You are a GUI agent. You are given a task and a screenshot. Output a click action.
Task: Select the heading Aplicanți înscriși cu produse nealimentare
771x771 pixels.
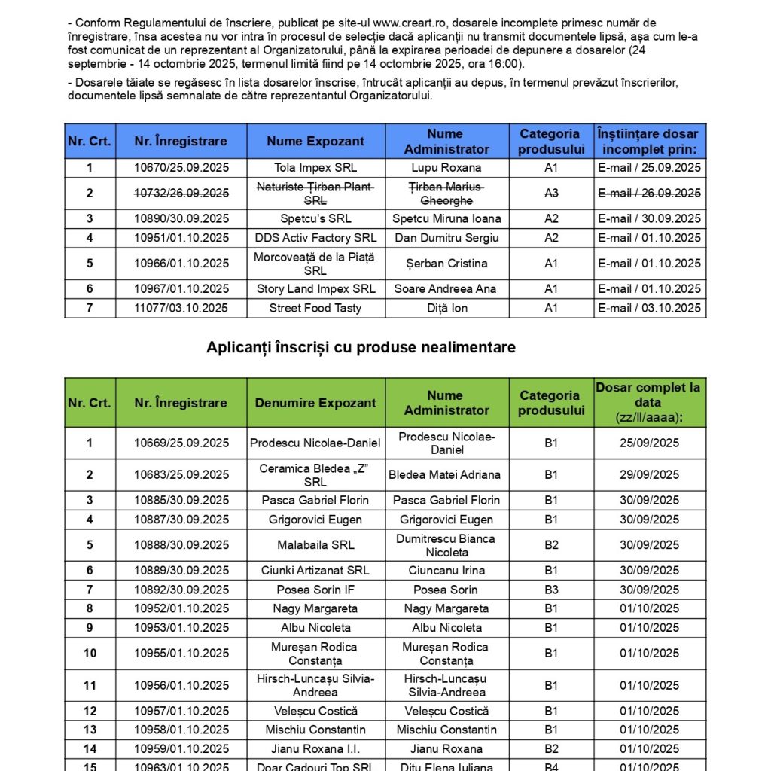[361, 347]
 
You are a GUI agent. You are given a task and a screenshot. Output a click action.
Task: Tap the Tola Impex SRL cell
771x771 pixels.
[315, 168]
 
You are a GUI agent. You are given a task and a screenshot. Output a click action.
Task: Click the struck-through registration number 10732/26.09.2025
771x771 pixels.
[181, 194]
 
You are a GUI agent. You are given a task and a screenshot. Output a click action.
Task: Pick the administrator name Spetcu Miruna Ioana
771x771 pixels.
[446, 219]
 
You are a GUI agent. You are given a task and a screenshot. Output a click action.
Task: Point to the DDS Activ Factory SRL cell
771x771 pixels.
[315, 238]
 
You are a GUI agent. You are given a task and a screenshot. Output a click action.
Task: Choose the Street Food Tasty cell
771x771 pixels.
[315, 308]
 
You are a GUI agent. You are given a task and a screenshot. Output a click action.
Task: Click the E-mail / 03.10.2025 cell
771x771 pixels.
[649, 308]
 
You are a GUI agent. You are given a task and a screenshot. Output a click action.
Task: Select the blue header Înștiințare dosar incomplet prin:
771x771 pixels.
[649, 142]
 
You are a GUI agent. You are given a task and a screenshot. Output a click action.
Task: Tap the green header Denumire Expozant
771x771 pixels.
[315, 403]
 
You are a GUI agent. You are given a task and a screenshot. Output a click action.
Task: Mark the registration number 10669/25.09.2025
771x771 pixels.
[181, 443]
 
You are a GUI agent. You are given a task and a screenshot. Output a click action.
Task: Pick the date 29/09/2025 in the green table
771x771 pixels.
[649, 475]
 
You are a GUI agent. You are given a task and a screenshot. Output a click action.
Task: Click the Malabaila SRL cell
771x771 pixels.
[315, 545]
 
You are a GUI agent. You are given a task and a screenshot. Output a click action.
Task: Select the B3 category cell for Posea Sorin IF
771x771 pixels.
[551, 590]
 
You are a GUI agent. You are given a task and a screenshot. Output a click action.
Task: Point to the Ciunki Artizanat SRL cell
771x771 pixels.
[315, 571]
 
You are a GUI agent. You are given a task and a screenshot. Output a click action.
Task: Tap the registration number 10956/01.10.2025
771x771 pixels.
[181, 685]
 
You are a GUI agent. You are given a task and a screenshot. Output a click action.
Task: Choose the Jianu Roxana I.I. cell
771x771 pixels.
[315, 749]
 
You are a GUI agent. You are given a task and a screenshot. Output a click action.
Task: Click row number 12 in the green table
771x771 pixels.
[90, 711]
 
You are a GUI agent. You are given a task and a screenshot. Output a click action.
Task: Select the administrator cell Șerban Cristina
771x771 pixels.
[446, 264]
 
